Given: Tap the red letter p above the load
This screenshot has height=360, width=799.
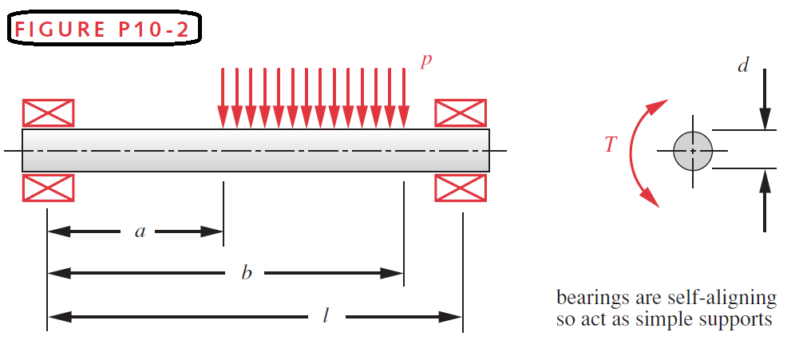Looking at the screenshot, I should click(426, 61).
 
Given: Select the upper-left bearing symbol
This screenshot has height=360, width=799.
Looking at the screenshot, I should click(48, 113).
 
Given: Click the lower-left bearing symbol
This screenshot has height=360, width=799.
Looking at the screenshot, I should click(48, 188).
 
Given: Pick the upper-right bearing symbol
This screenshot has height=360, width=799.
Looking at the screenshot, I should click(461, 113).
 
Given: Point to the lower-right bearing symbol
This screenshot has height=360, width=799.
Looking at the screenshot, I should click(461, 188).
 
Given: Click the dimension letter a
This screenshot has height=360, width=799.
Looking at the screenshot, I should click(140, 232).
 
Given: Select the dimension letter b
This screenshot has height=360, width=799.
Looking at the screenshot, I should click(247, 274).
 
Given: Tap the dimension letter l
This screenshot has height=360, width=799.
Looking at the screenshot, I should click(326, 316).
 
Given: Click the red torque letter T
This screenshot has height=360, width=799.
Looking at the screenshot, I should click(611, 144).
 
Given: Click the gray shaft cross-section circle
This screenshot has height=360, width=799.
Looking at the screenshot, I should click(692, 150).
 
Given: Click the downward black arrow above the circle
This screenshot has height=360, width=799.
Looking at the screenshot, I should click(765, 100).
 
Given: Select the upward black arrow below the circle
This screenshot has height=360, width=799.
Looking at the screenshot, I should click(765, 200).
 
